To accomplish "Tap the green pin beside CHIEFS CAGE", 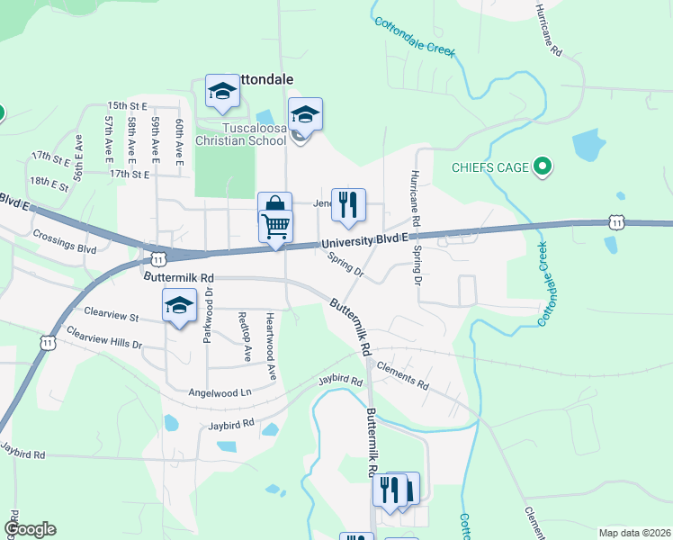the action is coord(542,166).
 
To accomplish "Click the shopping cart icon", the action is coord(275,225).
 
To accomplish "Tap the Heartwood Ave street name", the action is coord(269,345).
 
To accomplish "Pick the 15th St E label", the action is coord(127,105).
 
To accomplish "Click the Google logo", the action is coord(30,529).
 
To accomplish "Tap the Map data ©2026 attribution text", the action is coord(633,532).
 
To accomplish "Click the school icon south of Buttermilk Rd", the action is coord(179,306).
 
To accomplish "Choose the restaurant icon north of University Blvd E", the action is coord(347,205).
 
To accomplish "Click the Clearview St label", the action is coord(111,316).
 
